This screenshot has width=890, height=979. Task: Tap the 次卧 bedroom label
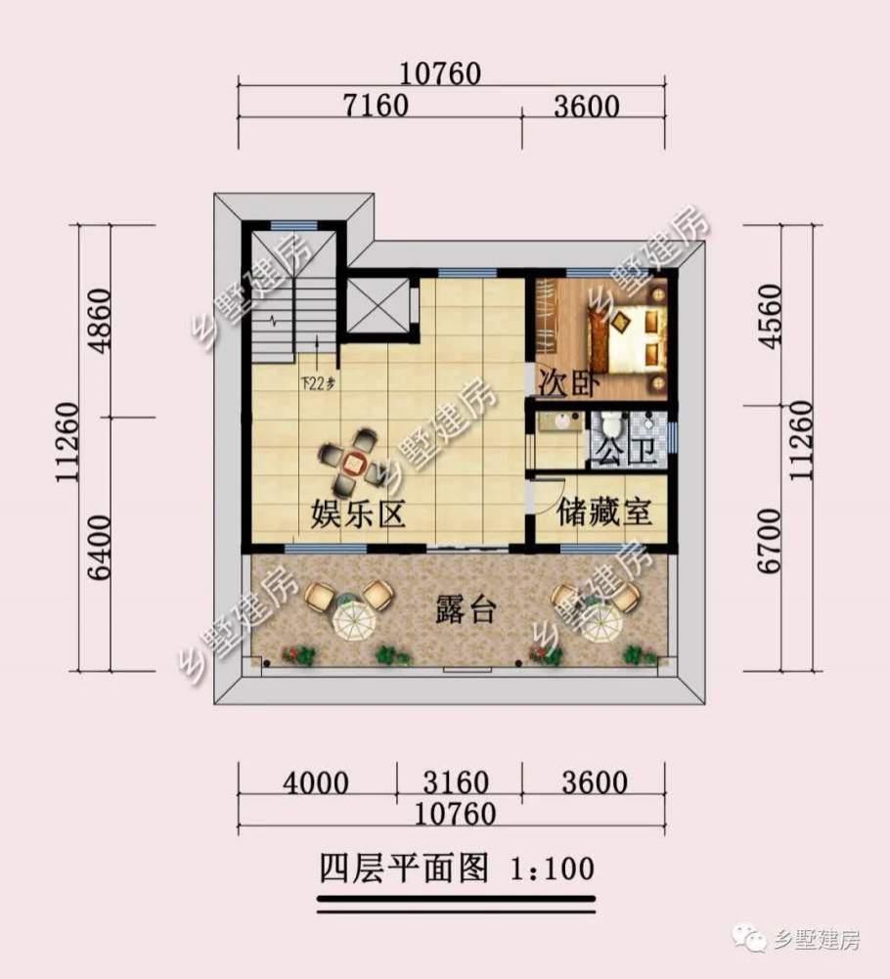pyautogui.click(x=554, y=384)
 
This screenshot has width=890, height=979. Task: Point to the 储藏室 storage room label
pyautogui.click(x=604, y=512)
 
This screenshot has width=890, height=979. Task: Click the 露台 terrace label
pyautogui.click(x=466, y=612)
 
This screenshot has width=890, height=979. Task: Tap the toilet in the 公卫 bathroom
pyautogui.click(x=612, y=426)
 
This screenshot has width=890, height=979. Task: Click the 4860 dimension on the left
pyautogui.click(x=95, y=322)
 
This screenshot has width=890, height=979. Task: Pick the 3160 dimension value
pyautogui.click(x=458, y=782)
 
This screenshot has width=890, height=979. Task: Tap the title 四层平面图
pyautogui.click(x=403, y=867)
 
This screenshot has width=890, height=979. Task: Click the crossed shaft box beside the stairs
pyautogui.click(x=378, y=307)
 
